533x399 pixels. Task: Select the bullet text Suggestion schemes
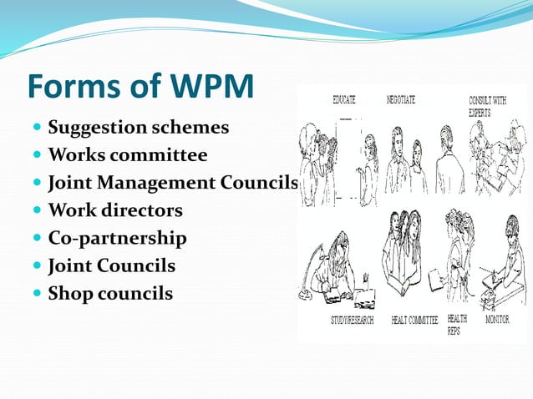tap(138, 129)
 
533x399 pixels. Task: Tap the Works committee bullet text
tap(128, 155)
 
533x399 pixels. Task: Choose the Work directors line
tap(115, 210)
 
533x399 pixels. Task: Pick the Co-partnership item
tap(117, 238)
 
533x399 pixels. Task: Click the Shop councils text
tap(110, 293)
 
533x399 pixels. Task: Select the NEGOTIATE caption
tap(401, 99)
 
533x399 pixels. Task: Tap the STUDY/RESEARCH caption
tap(342, 320)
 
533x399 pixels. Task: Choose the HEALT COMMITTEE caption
tap(414, 320)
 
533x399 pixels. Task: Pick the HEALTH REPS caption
tap(457, 324)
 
